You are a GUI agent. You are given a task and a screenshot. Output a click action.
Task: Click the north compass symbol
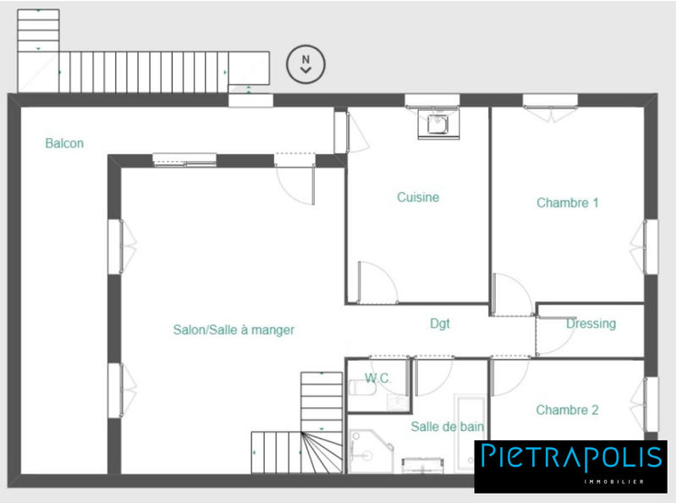[306, 64]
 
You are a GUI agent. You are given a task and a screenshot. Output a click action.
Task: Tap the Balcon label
[64, 144]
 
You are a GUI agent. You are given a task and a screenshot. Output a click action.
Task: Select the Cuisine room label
[418, 197]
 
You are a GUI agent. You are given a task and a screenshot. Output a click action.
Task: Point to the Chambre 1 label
[567, 203]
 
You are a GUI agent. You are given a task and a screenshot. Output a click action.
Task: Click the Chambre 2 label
[567, 410]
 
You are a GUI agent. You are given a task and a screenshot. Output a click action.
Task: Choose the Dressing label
[591, 323]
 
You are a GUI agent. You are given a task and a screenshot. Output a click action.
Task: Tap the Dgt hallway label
[440, 323]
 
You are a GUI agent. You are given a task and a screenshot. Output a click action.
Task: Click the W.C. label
[377, 378]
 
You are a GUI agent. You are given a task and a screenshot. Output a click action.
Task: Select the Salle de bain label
[448, 427]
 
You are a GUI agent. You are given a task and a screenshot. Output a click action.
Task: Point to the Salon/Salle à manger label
[234, 330]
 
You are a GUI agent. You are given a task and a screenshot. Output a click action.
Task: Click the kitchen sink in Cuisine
[437, 124]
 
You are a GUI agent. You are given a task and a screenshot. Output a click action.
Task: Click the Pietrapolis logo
[570, 457]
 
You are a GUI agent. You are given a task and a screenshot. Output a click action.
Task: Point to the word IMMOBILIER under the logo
[614, 481]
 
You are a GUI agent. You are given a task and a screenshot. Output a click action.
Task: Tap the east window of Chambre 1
[650, 246]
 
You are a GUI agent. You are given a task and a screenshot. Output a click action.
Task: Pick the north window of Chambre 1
[550, 102]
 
